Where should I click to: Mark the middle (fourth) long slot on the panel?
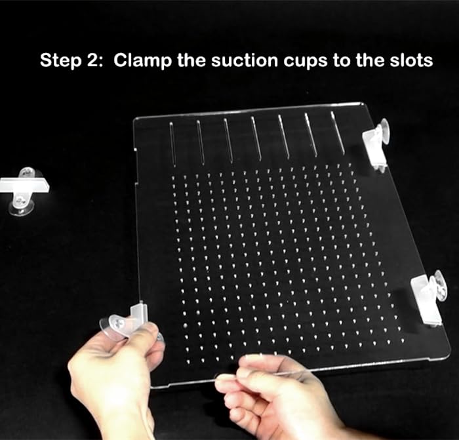coord(256,138)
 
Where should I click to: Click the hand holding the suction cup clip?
coord(115,380)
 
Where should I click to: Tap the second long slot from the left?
coord(200,141)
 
